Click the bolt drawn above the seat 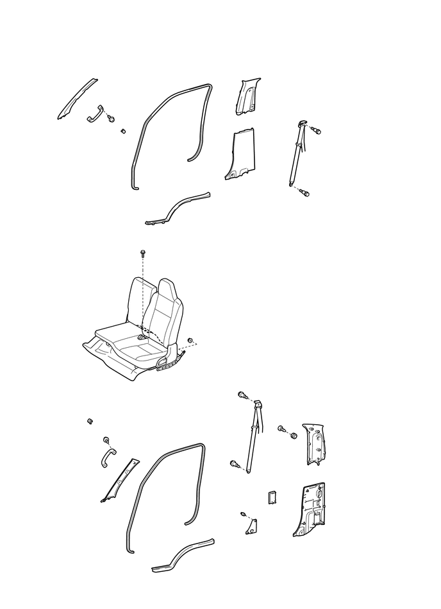click(x=142, y=255)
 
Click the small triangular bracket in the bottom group click(x=251, y=526)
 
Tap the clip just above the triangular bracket click(x=243, y=514)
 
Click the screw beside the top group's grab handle click(x=112, y=119)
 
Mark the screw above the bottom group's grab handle click(x=105, y=441)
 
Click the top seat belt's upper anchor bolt click(x=315, y=130)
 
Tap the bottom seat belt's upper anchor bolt click(x=242, y=395)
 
